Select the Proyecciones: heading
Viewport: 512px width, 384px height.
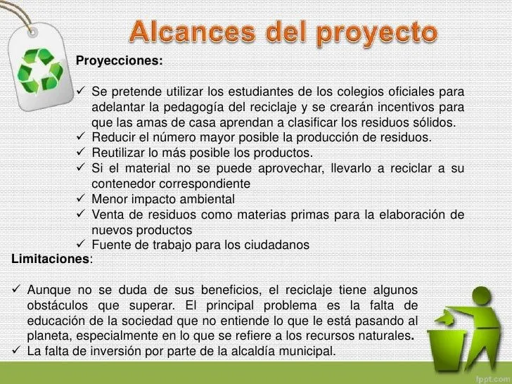(119, 61)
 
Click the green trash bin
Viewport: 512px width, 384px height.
(456, 337)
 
